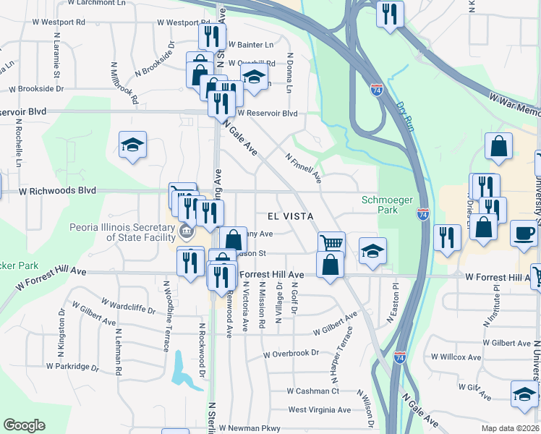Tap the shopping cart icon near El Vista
[331, 244]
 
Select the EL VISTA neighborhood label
[290, 216]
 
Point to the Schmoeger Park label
[380, 204]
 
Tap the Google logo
[24, 425]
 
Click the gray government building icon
[186, 232]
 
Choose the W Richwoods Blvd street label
[57, 191]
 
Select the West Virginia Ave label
[319, 409]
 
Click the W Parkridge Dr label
[72, 366]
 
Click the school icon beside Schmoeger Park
[372, 250]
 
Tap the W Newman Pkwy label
[250, 428]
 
